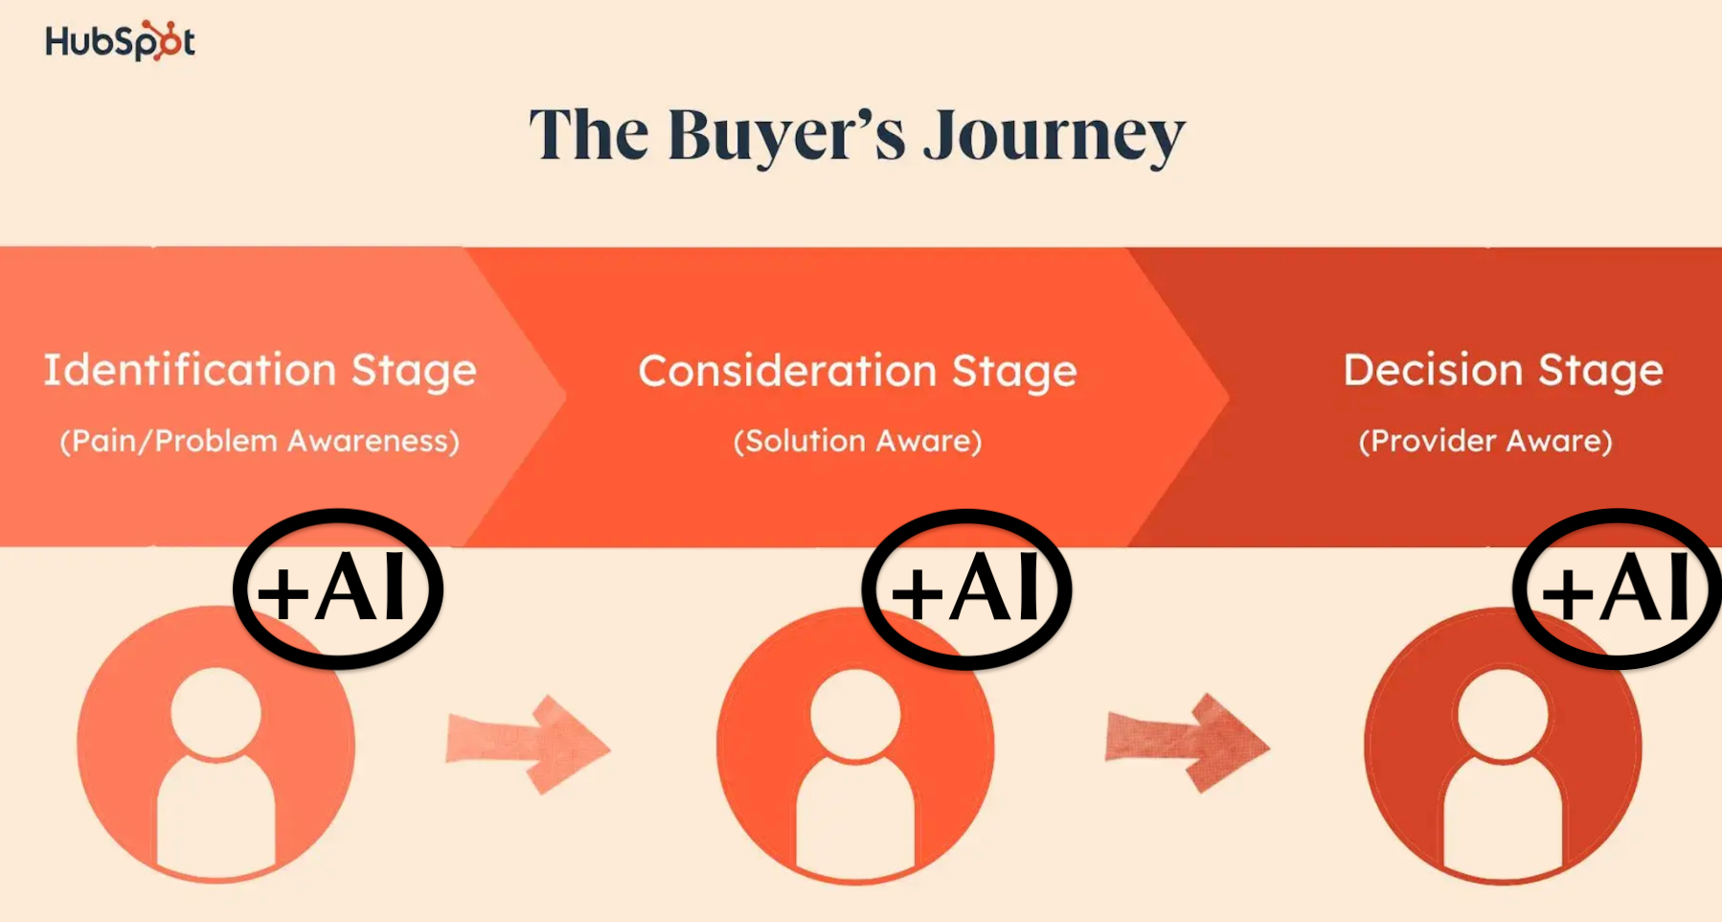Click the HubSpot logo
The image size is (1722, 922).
coord(120,41)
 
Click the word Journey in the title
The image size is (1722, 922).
coord(1054,136)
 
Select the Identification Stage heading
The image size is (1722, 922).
coord(260,371)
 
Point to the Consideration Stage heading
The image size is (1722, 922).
coord(857,372)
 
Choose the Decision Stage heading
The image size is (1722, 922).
coord(1503,371)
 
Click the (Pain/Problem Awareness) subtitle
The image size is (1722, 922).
coord(260,441)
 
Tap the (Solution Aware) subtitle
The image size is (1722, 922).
coord(857,441)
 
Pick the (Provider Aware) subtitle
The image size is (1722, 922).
coord(1485,441)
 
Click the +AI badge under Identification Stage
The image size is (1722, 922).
coord(337,588)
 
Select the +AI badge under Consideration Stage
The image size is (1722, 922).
coord(966,588)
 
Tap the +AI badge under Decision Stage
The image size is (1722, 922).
coord(1617,588)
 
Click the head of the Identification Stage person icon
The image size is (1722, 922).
coord(215,713)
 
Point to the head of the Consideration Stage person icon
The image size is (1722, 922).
coord(855,714)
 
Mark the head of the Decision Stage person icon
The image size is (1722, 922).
coord(1503,714)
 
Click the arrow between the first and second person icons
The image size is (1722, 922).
coord(529,745)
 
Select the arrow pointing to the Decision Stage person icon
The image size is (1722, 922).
coord(1188,743)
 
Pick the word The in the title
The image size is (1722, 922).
coord(589,136)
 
